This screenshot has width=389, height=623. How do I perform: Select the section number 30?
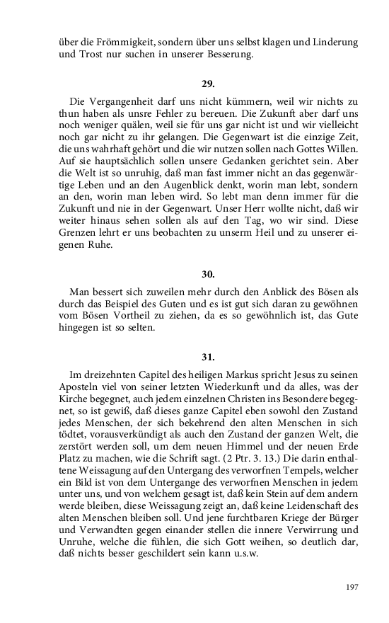coord(207,272)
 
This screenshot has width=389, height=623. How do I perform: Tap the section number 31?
coord(207,358)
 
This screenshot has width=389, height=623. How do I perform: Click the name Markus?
coord(243,376)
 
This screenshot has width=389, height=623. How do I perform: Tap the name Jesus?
coord(305,376)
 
